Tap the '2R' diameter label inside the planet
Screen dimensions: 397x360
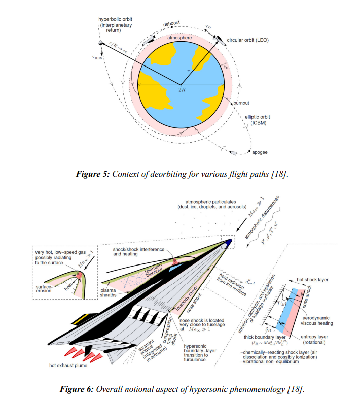[x=182, y=89]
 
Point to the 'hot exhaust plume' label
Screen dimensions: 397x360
[x=68, y=365]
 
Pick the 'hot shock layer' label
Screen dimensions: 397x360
[x=317, y=280]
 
